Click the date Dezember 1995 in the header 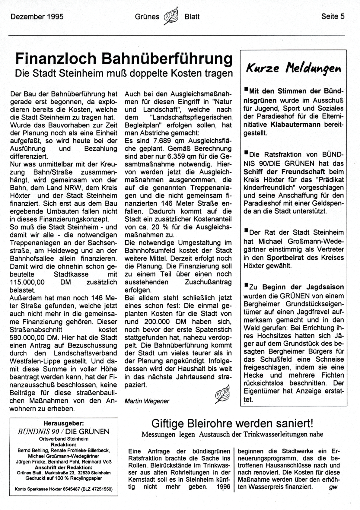click(x=37, y=17)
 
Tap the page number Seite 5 click(x=333, y=17)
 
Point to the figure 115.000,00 click(x=27, y=282)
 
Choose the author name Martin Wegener click(x=147, y=401)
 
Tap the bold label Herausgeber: click(x=64, y=423)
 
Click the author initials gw click(x=333, y=487)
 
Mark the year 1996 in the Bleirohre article click(x=223, y=486)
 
